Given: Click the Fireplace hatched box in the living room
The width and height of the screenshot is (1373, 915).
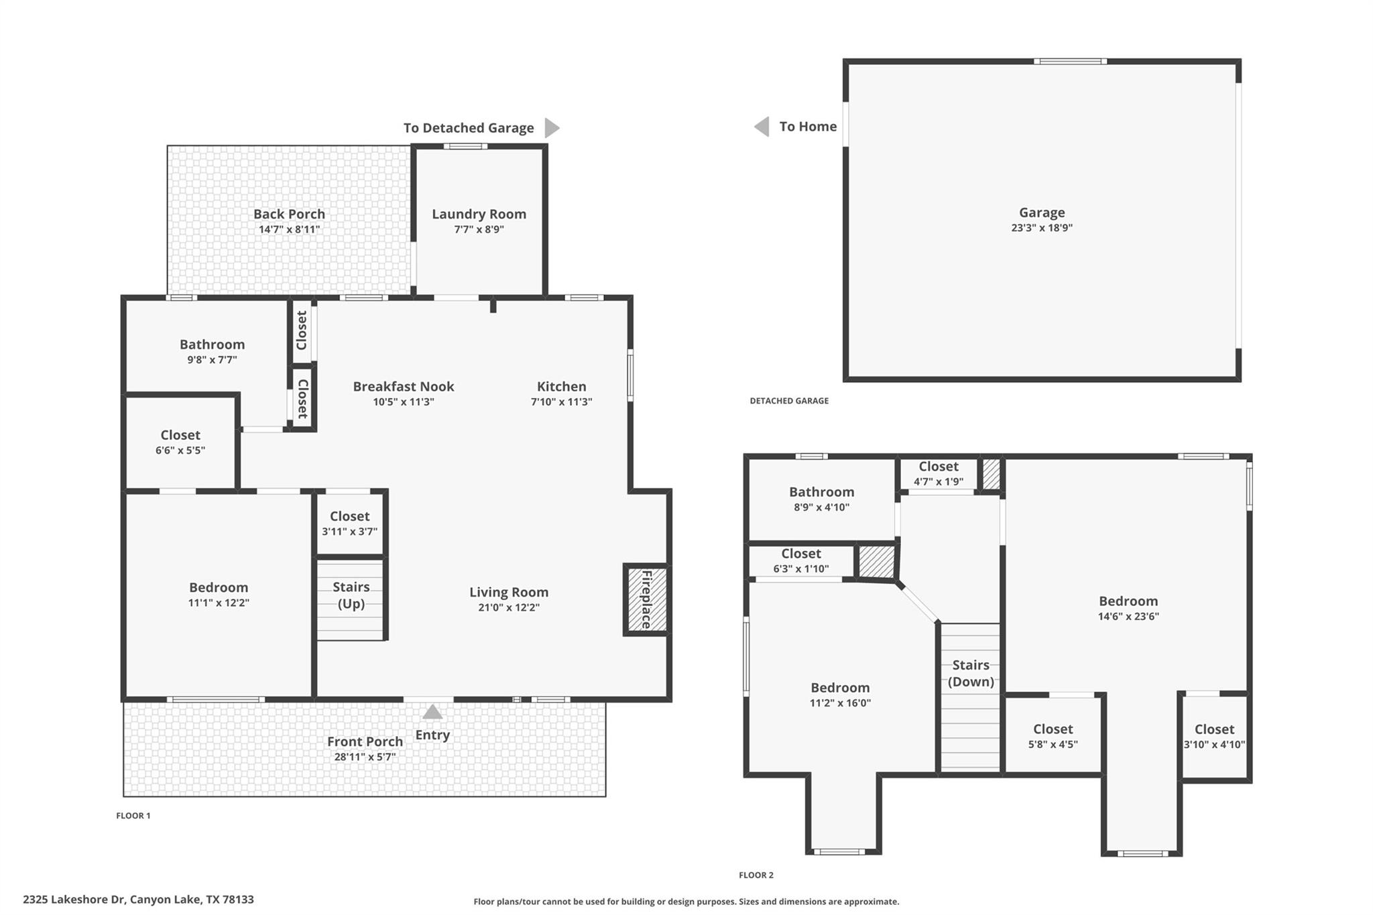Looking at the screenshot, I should click(x=646, y=600).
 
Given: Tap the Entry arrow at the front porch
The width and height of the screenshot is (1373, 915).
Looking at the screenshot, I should click(x=432, y=712).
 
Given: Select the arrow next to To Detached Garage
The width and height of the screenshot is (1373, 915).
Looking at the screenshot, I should click(x=551, y=127).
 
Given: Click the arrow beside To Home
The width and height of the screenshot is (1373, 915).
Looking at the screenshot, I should click(x=762, y=126).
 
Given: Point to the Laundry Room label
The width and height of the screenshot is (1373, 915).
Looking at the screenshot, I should click(x=479, y=214).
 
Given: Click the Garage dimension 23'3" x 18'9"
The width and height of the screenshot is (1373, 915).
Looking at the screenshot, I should click(x=1041, y=228).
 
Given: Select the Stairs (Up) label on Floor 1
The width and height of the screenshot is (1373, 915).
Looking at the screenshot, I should click(x=351, y=595).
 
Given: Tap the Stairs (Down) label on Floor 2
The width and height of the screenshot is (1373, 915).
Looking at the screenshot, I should click(x=970, y=673).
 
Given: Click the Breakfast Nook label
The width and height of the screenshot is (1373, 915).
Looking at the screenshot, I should click(x=404, y=386).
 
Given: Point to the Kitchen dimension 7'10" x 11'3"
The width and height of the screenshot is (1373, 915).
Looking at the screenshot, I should click(x=561, y=402).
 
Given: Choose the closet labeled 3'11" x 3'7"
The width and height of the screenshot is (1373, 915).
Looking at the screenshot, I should click(x=349, y=524).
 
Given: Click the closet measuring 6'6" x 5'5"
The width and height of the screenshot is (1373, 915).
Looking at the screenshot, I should click(x=180, y=442).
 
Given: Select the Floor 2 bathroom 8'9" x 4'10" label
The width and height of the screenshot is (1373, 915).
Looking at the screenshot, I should click(x=821, y=499).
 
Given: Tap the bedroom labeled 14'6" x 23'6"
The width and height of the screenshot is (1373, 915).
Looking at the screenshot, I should click(x=1128, y=608).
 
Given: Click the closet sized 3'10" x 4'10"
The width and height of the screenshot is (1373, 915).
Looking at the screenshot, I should click(x=1214, y=736).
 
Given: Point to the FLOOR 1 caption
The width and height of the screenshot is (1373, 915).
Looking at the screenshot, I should click(x=133, y=816).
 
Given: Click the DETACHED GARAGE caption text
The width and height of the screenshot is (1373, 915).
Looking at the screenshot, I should click(x=789, y=401).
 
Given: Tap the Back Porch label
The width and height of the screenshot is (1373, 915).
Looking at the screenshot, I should click(x=289, y=214).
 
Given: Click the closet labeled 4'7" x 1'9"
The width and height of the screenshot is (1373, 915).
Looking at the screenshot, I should click(x=938, y=473).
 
